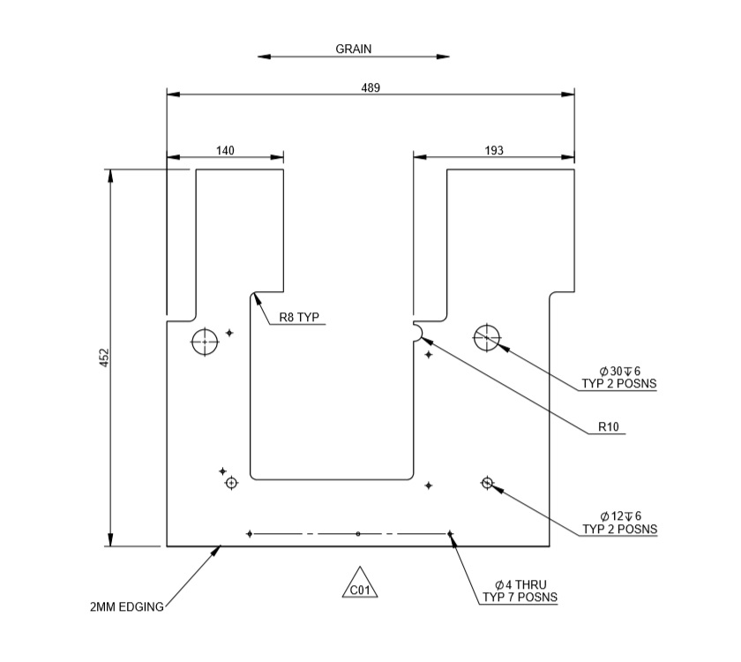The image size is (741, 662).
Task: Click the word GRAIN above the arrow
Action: [x=353, y=49]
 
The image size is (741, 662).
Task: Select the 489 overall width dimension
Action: [x=370, y=87]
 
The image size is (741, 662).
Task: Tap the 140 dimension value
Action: [x=225, y=151]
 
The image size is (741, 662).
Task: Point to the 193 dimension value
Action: [x=494, y=151]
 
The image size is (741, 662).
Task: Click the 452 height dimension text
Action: [x=103, y=357]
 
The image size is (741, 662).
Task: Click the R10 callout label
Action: [x=609, y=427]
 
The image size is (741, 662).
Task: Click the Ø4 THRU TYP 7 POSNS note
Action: [x=520, y=591]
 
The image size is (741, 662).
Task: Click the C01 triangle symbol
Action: [x=359, y=585]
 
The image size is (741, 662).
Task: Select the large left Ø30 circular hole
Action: [x=205, y=341]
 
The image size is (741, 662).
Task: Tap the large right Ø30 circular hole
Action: [x=486, y=336]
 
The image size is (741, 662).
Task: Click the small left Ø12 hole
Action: [x=231, y=483]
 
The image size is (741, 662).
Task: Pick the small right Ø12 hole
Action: [x=487, y=482]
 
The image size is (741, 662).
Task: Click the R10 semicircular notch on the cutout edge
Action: [x=418, y=329]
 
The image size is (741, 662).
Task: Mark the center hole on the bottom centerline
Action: [x=357, y=534]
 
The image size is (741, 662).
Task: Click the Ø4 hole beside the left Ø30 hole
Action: [x=229, y=333]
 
